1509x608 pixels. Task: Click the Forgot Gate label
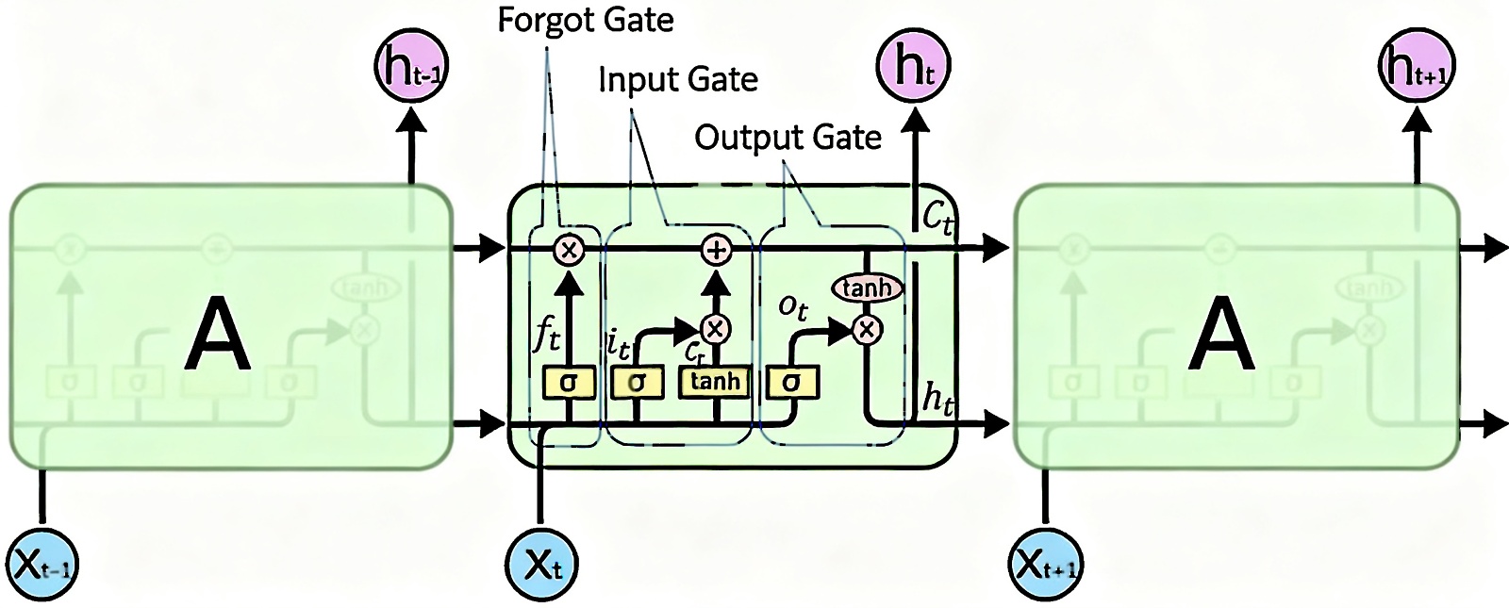(586, 21)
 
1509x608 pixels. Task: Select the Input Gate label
(678, 79)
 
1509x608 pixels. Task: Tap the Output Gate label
(788, 138)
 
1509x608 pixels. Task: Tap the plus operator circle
(717, 250)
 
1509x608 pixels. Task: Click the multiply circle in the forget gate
(569, 250)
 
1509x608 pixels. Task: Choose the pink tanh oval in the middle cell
(866, 288)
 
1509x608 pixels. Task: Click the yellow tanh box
(716, 382)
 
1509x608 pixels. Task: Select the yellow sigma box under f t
(569, 383)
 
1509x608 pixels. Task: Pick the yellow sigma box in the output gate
(792, 383)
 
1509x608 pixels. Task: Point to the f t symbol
(547, 334)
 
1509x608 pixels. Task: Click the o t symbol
(793, 306)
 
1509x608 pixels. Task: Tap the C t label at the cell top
(937, 218)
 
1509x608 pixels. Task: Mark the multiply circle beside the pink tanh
(866, 329)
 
